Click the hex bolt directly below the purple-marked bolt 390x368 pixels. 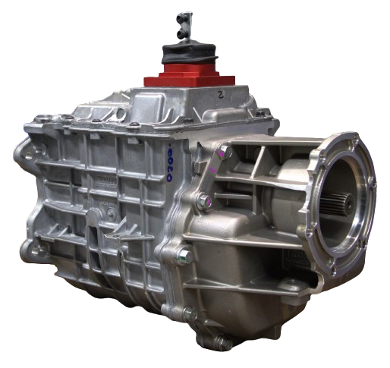(x=203, y=201)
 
